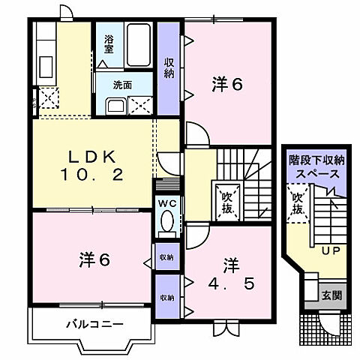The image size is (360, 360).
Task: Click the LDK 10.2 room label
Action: click(x=92, y=166)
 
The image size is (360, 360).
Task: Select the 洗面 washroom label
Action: click(x=123, y=85)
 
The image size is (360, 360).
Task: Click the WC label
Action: click(x=167, y=203)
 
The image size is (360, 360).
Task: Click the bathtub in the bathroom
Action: click(x=139, y=46)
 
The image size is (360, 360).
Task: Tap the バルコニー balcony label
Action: click(x=94, y=324)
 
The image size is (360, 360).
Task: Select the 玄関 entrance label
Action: click(x=332, y=295)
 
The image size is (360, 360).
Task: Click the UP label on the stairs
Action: click(x=328, y=250)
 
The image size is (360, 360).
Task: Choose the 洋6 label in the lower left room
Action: click(x=95, y=260)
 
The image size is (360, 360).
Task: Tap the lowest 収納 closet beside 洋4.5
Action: click(x=166, y=297)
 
